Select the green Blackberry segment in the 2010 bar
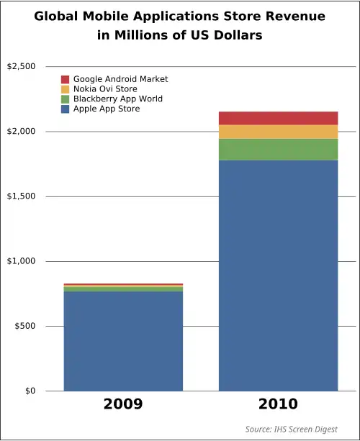click(x=278, y=150)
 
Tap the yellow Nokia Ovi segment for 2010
click(x=278, y=132)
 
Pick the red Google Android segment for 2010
click(x=278, y=118)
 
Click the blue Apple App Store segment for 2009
click(x=123, y=341)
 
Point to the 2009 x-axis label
click(x=123, y=404)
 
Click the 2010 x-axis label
click(x=278, y=404)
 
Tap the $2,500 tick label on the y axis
click(x=21, y=67)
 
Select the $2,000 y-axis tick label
click(x=21, y=132)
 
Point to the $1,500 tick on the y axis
click(x=21, y=196)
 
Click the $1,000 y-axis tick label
click(x=21, y=261)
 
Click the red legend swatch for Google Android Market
click(x=66, y=79)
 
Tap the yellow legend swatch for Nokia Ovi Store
click(x=66, y=89)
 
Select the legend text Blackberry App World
click(x=118, y=99)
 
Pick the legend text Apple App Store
click(x=107, y=109)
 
